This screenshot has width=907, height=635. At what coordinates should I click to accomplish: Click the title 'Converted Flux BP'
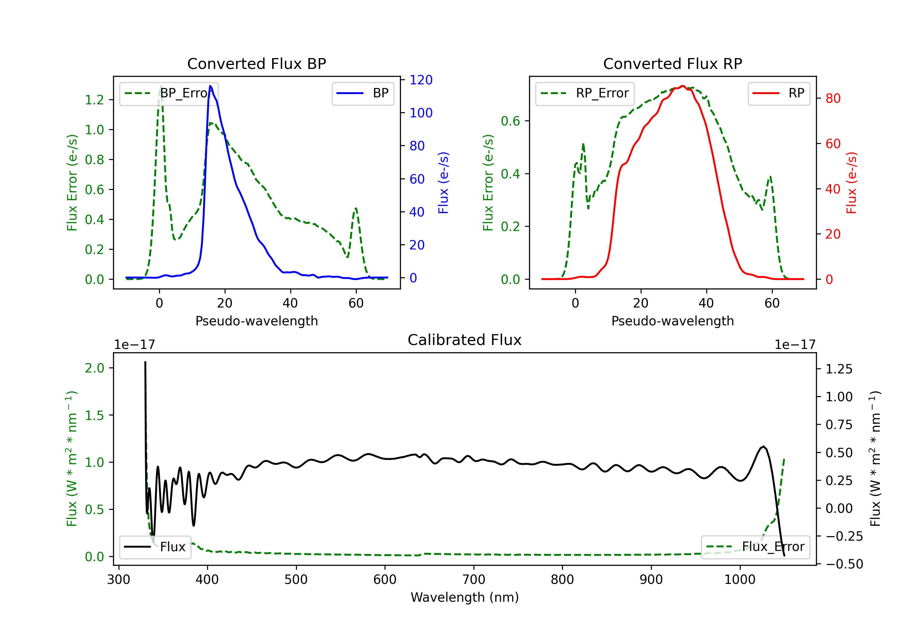pos(256,63)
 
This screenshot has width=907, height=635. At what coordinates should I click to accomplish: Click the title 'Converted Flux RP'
pos(672,63)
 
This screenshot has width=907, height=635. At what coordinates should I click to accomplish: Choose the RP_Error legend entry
pos(585,93)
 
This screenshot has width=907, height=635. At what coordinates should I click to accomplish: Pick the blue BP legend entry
pos(362,93)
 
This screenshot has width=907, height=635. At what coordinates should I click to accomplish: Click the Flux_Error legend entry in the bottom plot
pos(755,547)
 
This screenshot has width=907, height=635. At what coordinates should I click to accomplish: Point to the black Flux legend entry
pos(155,547)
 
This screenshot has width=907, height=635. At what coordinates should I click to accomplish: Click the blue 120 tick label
pos(421,80)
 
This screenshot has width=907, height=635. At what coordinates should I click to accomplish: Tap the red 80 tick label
pos(833,98)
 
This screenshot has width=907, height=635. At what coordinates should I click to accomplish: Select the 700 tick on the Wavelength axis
pos(474,580)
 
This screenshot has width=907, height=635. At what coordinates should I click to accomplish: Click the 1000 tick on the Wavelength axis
pos(740,580)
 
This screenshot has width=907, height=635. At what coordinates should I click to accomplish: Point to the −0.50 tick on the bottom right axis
pos(844,564)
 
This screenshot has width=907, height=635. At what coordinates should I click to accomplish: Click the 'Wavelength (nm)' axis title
pos(465,597)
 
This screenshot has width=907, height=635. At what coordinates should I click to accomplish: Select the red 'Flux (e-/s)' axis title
pos(851,183)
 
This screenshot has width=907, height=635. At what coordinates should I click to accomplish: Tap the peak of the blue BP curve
pos(210,86)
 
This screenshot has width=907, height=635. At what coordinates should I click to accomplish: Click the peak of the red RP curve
pos(683,86)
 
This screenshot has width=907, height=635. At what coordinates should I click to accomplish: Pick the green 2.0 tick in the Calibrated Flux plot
pos(94,368)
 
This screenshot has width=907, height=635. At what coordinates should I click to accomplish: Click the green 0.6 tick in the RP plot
pos(510,121)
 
